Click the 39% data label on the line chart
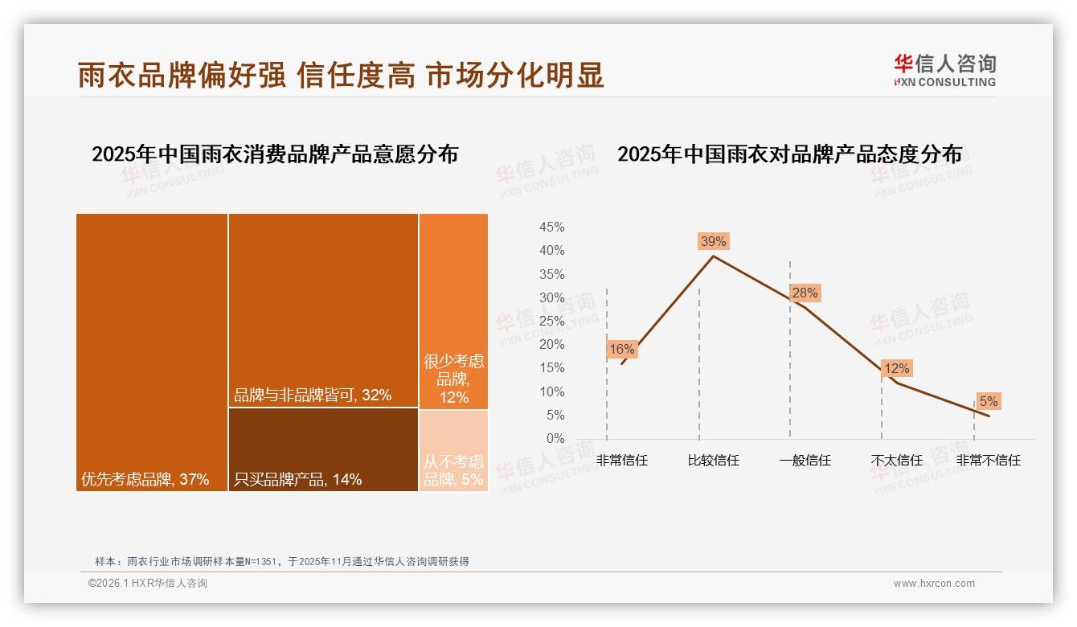tap(713, 241)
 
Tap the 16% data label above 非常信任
tap(621, 349)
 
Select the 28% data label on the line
tap(805, 293)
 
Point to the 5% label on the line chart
tap(988, 401)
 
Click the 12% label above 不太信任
tap(896, 368)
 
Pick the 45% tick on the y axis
tap(551, 227)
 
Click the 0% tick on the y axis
tap(555, 439)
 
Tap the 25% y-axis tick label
tap(551, 322)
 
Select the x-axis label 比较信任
tap(713, 461)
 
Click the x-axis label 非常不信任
tap(988, 461)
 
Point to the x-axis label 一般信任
tap(805, 461)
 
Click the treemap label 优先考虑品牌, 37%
tap(145, 480)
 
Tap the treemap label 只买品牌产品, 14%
tap(297, 480)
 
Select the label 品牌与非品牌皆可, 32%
tap(312, 395)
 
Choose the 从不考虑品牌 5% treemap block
tap(453, 450)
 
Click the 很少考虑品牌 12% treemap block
tap(453, 312)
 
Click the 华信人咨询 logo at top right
tap(944, 70)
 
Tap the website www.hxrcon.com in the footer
tap(934, 584)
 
